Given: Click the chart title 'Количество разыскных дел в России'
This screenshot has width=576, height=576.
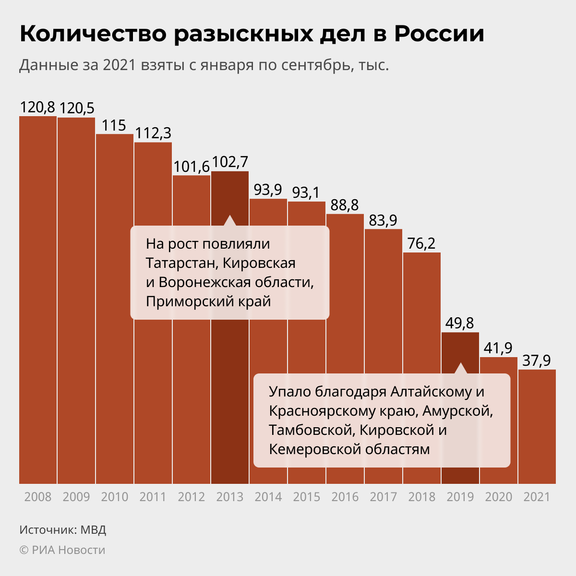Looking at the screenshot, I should click(252, 35).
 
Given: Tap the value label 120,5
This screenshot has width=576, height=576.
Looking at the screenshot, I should click(76, 108).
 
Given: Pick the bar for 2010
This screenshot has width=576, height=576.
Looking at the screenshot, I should click(115, 307).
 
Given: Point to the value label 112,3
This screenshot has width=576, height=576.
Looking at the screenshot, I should click(153, 133).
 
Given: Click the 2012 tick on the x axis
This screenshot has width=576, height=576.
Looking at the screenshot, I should click(192, 497).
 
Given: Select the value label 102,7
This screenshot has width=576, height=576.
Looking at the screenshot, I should click(230, 162).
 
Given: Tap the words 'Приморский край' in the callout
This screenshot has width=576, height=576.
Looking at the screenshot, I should click(208, 301).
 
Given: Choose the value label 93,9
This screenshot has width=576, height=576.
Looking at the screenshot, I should click(268, 190).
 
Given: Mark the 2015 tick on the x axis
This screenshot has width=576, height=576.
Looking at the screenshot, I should click(307, 497).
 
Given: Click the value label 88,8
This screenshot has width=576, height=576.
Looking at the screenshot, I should click(345, 205).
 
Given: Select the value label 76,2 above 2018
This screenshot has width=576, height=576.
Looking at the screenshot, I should click(421, 243).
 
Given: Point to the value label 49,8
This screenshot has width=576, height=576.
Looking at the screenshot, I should click(460, 324).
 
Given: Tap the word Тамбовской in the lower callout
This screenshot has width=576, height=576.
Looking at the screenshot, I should click(312, 430).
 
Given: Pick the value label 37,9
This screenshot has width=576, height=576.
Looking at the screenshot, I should click(537, 360).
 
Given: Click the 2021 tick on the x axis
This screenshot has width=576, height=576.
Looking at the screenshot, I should click(537, 497).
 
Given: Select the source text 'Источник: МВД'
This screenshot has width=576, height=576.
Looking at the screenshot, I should click(63, 530).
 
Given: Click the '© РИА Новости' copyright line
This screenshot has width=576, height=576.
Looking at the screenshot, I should click(62, 550).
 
